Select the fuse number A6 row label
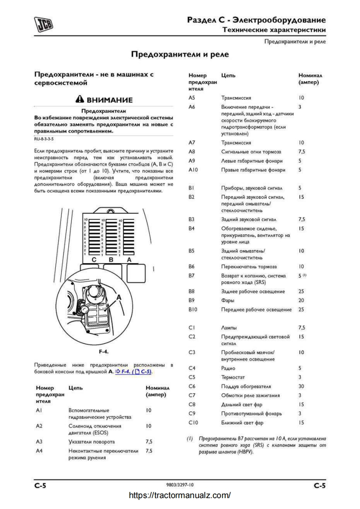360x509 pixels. pyautogui.click(x=192, y=107)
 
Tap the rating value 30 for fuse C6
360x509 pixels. pyautogui.click(x=301, y=387)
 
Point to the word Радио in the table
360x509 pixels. pyautogui.click(x=229, y=368)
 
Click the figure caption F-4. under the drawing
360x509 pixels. pyautogui.click(x=104, y=351)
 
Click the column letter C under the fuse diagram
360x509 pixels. pyautogui.click(x=94, y=260)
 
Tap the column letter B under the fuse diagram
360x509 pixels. pyautogui.click(x=111, y=260)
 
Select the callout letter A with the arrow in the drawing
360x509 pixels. pyautogui.click(x=119, y=297)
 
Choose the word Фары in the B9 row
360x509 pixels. pyautogui.click(x=228, y=300)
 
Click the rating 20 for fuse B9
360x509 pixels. pyautogui.click(x=301, y=300)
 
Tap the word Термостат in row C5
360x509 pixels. pyautogui.click(x=234, y=377)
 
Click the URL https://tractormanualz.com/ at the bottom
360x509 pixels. pyautogui.click(x=180, y=495)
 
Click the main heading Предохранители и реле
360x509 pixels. pyautogui.click(x=180, y=54)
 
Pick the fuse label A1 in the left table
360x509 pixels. pyautogui.click(x=39, y=410)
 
